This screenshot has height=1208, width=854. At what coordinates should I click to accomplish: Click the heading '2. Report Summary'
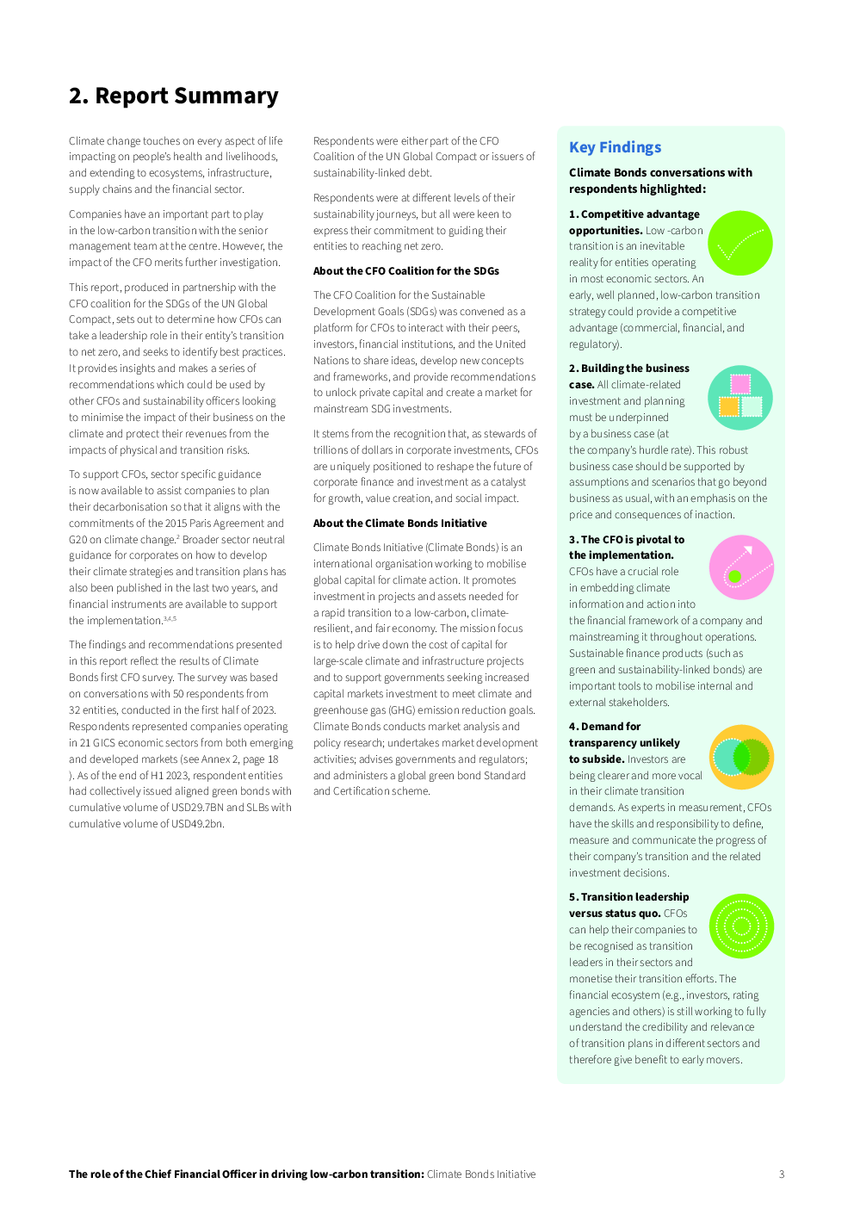[173, 96]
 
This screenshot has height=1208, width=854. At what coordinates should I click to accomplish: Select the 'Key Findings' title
[615, 147]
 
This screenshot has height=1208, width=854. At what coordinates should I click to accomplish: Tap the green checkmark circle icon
[740, 244]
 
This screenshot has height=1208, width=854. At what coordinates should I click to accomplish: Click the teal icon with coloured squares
[740, 398]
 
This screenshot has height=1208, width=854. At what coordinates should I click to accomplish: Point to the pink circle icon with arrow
[741, 567]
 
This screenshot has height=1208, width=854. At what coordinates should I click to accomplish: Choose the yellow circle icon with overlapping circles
[741, 757]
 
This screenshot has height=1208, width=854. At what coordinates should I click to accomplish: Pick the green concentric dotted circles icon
[741, 926]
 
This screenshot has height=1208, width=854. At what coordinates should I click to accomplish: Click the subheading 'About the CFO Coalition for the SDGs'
[405, 271]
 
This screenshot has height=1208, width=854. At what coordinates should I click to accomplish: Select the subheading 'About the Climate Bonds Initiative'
[399, 523]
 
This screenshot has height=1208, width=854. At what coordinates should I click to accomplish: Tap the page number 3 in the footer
[782, 1174]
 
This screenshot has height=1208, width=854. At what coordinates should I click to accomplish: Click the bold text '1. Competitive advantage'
[634, 214]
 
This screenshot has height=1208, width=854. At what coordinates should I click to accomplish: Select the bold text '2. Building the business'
[628, 369]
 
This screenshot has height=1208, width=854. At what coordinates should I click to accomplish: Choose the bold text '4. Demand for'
[604, 727]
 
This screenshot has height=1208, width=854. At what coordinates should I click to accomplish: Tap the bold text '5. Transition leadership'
[628, 897]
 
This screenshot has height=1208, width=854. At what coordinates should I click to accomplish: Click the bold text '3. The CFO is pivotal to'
[626, 540]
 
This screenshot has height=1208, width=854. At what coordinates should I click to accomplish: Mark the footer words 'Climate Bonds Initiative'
[481, 1174]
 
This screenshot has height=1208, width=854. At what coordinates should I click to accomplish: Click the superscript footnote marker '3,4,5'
[170, 618]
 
